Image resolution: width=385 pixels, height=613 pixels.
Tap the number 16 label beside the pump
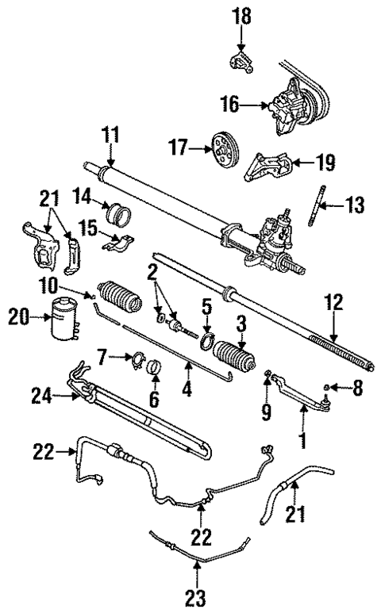pyautogui.click(x=231, y=104)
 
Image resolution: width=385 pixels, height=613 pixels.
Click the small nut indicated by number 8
pyautogui.click(x=325, y=387)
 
